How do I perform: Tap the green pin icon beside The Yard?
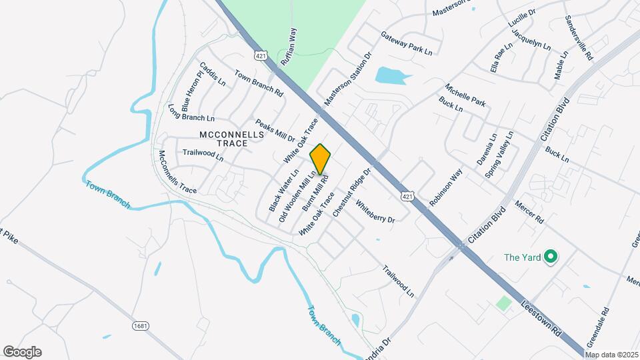(551, 257)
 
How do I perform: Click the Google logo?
(22, 352)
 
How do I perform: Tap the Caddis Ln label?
(213, 74)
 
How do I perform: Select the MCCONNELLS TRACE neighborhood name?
(232, 138)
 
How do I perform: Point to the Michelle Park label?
(466, 96)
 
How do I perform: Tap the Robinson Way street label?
(446, 187)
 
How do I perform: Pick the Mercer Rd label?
(530, 212)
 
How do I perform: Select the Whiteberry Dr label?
(375, 211)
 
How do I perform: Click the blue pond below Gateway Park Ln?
(390, 75)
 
